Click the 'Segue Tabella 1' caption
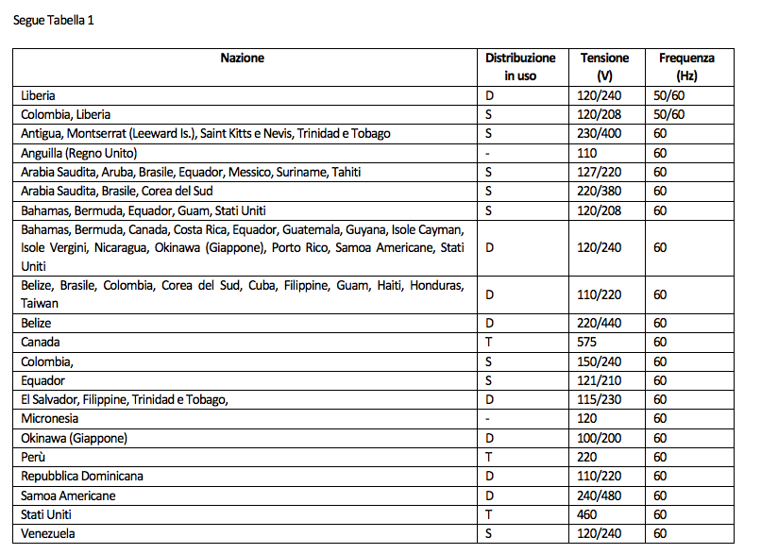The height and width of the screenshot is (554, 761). click(x=53, y=21)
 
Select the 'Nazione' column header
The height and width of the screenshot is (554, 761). click(x=243, y=59)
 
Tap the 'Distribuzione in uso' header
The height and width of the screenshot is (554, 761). click(x=520, y=67)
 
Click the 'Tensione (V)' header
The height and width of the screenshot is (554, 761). click(x=605, y=67)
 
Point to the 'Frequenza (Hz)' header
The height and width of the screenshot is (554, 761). click(x=686, y=67)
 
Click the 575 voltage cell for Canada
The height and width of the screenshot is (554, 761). click(x=588, y=343)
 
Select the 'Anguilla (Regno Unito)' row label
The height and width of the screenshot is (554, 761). click(x=79, y=153)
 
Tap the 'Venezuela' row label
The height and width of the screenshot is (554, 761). click(x=48, y=534)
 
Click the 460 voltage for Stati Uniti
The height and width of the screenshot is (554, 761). click(x=588, y=515)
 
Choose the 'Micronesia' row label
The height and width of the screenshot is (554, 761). click(x=50, y=419)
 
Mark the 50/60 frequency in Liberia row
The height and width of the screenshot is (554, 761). click(x=668, y=95)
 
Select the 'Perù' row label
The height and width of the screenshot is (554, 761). click(x=34, y=458)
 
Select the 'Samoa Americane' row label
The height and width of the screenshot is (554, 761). click(x=68, y=495)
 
